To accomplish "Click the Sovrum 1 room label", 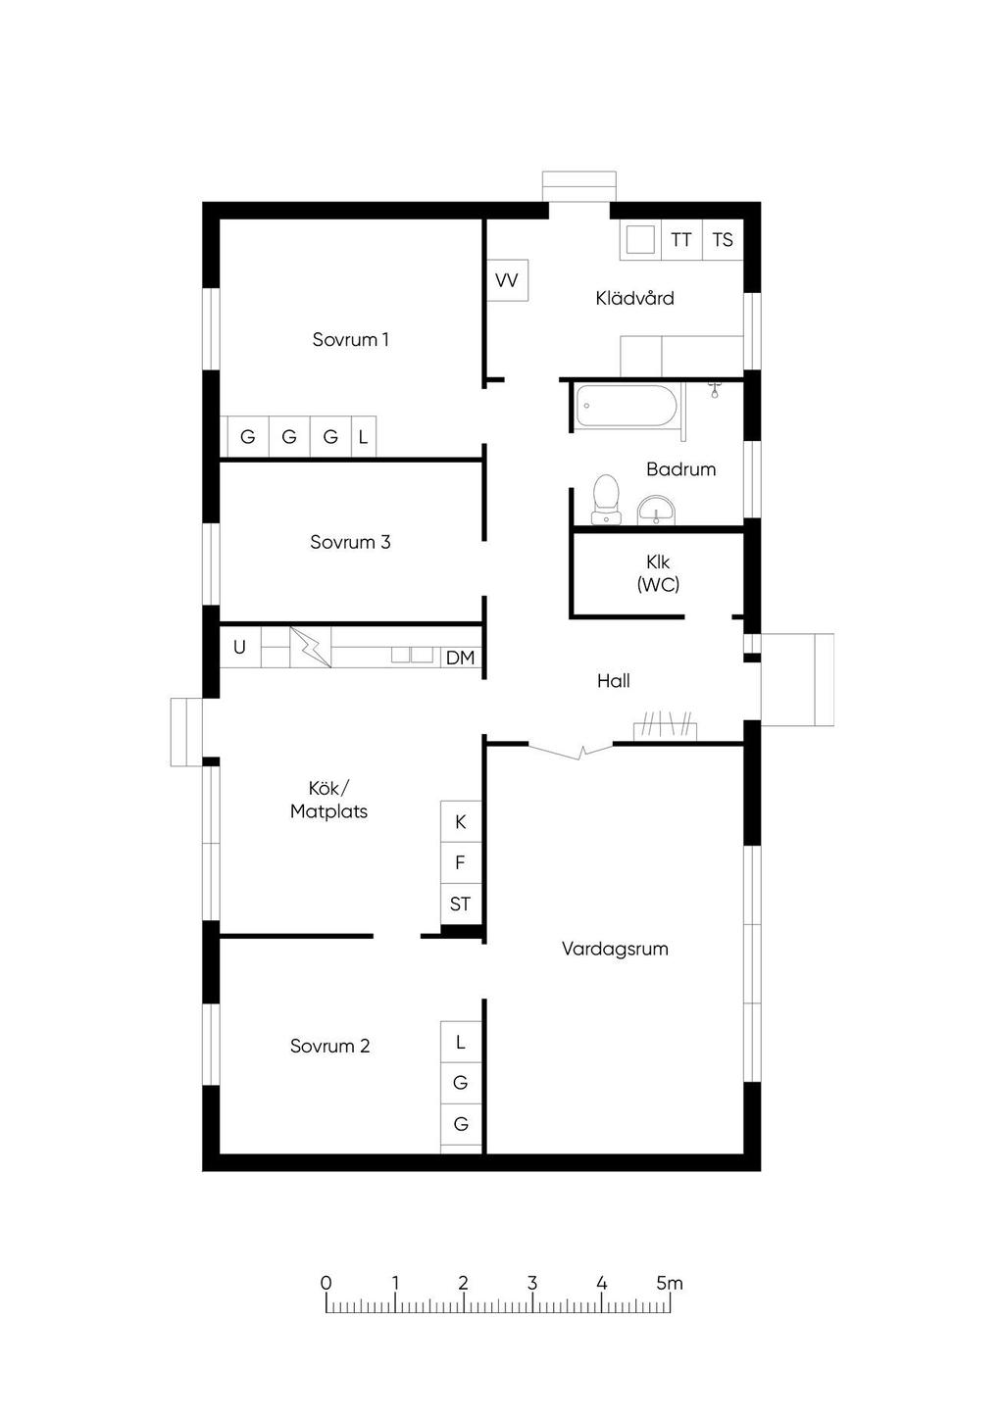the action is [x=350, y=339].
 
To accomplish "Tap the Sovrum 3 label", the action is [x=350, y=542].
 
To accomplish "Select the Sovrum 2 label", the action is [x=329, y=1046].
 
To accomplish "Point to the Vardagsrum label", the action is [x=615, y=950].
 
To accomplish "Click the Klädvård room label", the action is [x=634, y=298].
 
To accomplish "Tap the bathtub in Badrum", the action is [x=627, y=406].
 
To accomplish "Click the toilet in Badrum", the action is [x=605, y=500].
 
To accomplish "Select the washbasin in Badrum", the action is [x=657, y=510].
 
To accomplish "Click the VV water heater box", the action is [x=507, y=280].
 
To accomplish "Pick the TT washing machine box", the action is [x=681, y=239].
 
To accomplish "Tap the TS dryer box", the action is [x=723, y=239].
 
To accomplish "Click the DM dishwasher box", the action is [x=461, y=658].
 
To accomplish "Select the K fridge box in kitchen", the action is [x=461, y=821].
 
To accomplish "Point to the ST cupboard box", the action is [x=461, y=904].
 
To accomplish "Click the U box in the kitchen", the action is [x=240, y=647].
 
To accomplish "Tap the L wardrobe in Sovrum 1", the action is [x=363, y=436].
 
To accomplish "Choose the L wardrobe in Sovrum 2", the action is [x=461, y=1042].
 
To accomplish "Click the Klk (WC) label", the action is [x=659, y=573].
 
